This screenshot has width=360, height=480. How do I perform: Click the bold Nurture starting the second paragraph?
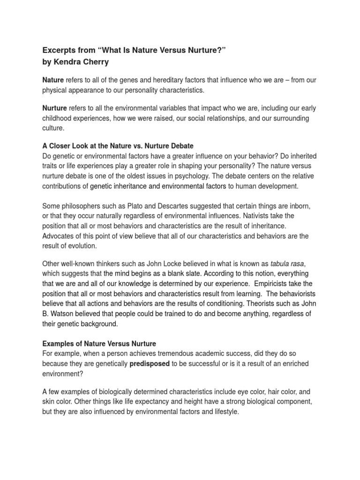tap(54, 108)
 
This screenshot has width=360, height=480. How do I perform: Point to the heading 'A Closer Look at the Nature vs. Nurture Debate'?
tap(118, 146)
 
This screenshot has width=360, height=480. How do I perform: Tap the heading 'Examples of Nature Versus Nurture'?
tap(99, 344)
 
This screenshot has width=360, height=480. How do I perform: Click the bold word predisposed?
tap(150, 364)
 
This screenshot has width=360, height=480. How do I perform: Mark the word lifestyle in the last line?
tap(225, 412)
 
